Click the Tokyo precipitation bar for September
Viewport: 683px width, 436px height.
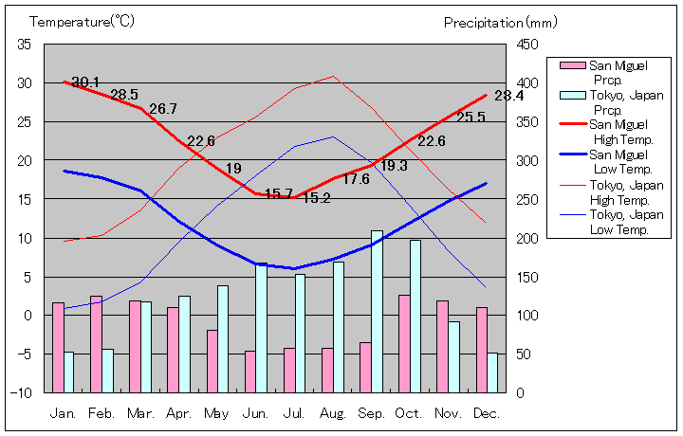[x=377, y=311]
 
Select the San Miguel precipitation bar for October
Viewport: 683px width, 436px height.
[x=404, y=343]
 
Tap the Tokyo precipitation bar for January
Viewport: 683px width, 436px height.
[x=69, y=372]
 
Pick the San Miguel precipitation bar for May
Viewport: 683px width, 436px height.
[x=212, y=360]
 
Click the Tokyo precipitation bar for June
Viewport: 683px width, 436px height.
[x=261, y=328]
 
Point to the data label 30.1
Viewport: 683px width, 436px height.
[x=85, y=82]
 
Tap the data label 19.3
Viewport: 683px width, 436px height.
[x=394, y=165]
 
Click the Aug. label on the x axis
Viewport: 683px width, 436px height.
[x=332, y=413]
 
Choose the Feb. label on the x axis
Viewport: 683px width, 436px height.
[x=102, y=413]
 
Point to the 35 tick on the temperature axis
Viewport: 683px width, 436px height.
[x=25, y=45]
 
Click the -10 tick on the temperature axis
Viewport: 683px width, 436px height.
[x=23, y=392]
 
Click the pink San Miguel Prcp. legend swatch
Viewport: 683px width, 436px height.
[x=573, y=65]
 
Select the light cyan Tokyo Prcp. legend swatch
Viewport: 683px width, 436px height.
[x=573, y=95]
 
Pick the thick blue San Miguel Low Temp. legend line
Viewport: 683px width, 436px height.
[x=573, y=154]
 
